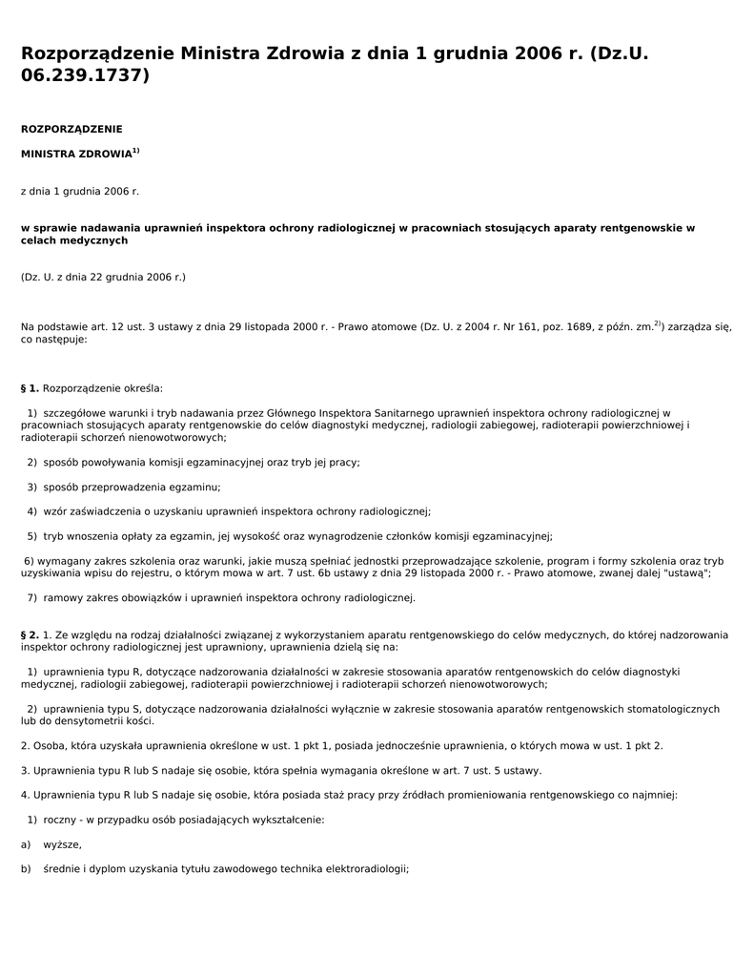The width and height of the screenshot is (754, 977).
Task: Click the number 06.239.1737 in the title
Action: click(x=85, y=75)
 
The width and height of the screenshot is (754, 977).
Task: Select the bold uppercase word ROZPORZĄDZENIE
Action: click(x=71, y=129)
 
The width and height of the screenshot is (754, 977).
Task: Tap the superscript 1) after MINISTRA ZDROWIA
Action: click(x=136, y=151)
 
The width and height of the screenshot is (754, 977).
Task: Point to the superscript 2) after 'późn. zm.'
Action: click(x=658, y=323)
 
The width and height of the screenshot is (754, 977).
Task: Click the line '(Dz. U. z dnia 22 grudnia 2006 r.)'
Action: click(x=103, y=277)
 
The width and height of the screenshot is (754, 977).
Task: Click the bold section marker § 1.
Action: click(x=30, y=388)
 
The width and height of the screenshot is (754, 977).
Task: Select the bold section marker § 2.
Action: click(x=30, y=634)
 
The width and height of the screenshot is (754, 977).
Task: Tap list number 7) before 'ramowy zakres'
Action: click(x=32, y=597)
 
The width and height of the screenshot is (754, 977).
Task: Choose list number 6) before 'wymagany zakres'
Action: click(x=29, y=561)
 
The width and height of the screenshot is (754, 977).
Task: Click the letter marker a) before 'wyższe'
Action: click(x=26, y=844)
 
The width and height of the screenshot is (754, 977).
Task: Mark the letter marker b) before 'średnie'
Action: click(x=26, y=869)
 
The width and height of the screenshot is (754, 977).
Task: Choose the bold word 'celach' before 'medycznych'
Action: click(x=39, y=240)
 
